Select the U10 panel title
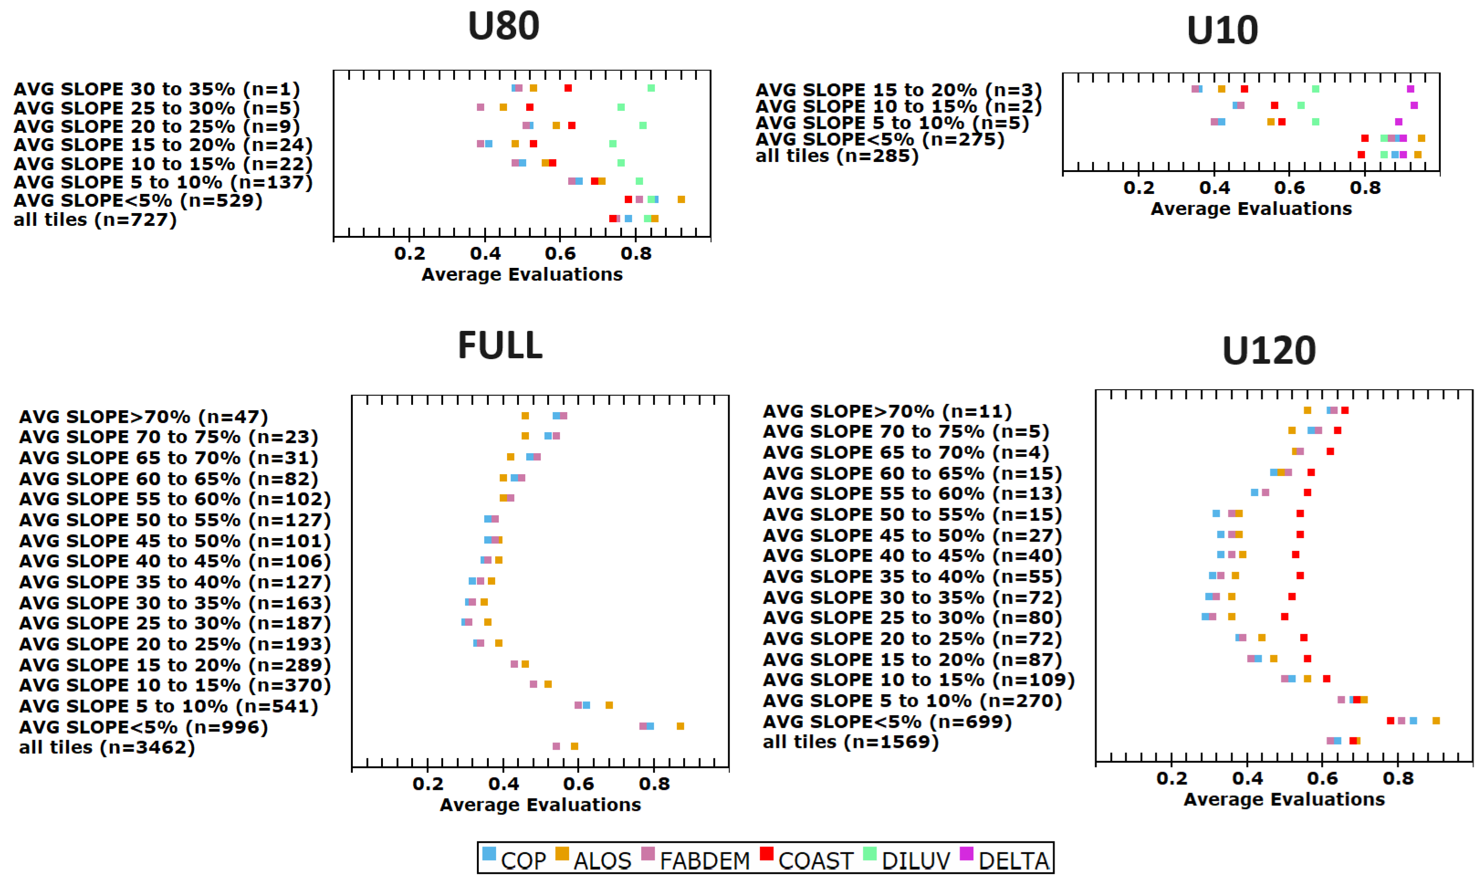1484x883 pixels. pyautogui.click(x=1222, y=30)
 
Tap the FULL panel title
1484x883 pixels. pyautogui.click(x=500, y=345)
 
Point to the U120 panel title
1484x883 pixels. pyautogui.click(x=1269, y=350)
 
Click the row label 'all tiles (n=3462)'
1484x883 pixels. pyautogui.click(x=107, y=747)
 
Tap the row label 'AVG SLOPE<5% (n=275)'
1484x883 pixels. pyautogui.click(x=879, y=140)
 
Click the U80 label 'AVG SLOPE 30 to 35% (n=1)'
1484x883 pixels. pyautogui.click(x=157, y=89)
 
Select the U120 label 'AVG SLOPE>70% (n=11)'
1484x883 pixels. pyautogui.click(x=887, y=412)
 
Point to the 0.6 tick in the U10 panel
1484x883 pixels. pyautogui.click(x=1290, y=188)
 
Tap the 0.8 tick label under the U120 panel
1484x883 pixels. pyautogui.click(x=1398, y=779)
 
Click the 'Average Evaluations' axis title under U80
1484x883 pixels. pyautogui.click(x=522, y=274)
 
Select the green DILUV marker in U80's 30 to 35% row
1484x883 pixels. pyautogui.click(x=651, y=88)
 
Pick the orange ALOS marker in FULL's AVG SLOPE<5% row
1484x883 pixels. pyautogui.click(x=680, y=726)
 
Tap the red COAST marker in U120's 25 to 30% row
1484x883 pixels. pyautogui.click(x=1285, y=617)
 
